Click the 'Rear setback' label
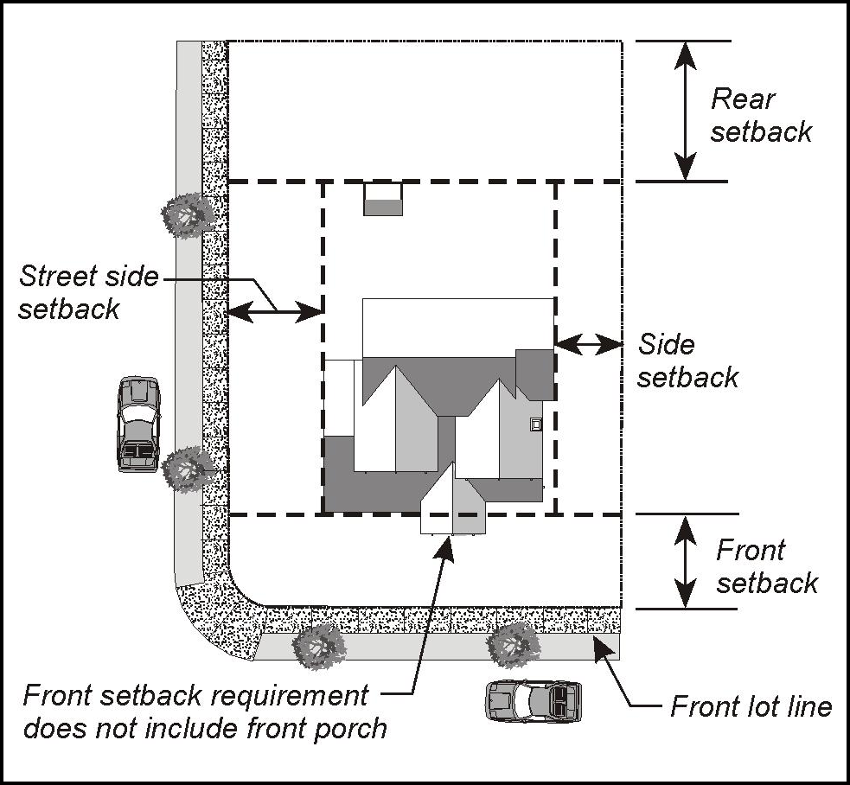[761, 114]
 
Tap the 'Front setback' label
[766, 566]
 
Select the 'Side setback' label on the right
[688, 361]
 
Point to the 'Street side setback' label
[89, 292]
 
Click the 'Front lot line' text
[751, 706]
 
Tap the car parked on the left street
[139, 424]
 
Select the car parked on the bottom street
[533, 699]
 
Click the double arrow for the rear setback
[685, 111]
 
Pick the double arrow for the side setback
[588, 344]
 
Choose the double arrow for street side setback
[275, 311]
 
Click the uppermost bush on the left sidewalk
[187, 215]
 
